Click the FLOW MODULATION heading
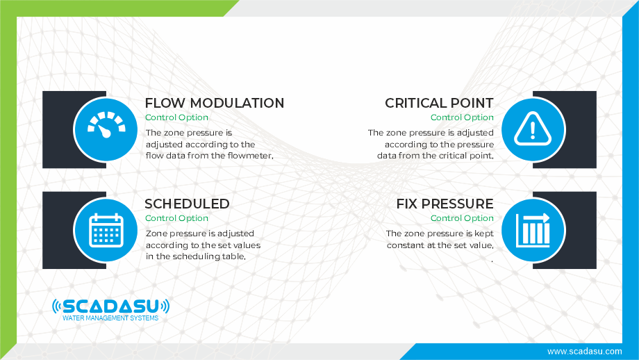tap(215, 103)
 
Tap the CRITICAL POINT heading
tap(439, 103)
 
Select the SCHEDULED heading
tap(187, 204)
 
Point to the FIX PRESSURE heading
tap(445, 204)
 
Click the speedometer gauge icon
tap(106, 125)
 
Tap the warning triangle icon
tap(533, 129)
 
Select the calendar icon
tap(106, 230)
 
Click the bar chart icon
tap(533, 230)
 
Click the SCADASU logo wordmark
tap(111, 306)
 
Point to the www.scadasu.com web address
tap(584, 352)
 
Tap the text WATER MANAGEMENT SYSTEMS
tap(110, 318)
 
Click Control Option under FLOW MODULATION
tap(176, 117)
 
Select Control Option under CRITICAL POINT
tap(462, 117)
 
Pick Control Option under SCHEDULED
tap(176, 218)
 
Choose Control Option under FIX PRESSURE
tap(462, 218)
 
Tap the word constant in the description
tap(404, 245)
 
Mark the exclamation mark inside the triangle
tap(533, 131)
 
